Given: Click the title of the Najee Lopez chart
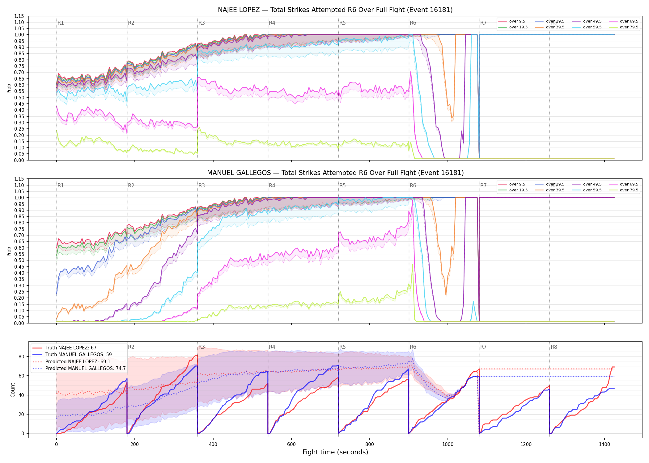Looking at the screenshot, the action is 335,10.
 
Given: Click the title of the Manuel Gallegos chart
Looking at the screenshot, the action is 335,173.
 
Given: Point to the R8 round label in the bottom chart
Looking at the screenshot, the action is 554,347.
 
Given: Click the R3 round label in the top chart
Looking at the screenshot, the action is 201,23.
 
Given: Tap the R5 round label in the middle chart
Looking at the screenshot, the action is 342,186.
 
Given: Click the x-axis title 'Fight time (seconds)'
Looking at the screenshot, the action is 335,452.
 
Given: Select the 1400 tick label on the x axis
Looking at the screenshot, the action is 604,444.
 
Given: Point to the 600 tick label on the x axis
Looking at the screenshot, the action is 291,444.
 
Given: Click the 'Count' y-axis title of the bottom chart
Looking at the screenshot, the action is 13,390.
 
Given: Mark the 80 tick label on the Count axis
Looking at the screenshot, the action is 21,357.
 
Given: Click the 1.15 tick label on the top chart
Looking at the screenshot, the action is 19,16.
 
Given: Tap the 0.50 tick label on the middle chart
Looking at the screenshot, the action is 19,260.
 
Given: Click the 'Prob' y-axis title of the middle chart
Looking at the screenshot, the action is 9,251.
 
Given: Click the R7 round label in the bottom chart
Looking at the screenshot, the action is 483,347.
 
